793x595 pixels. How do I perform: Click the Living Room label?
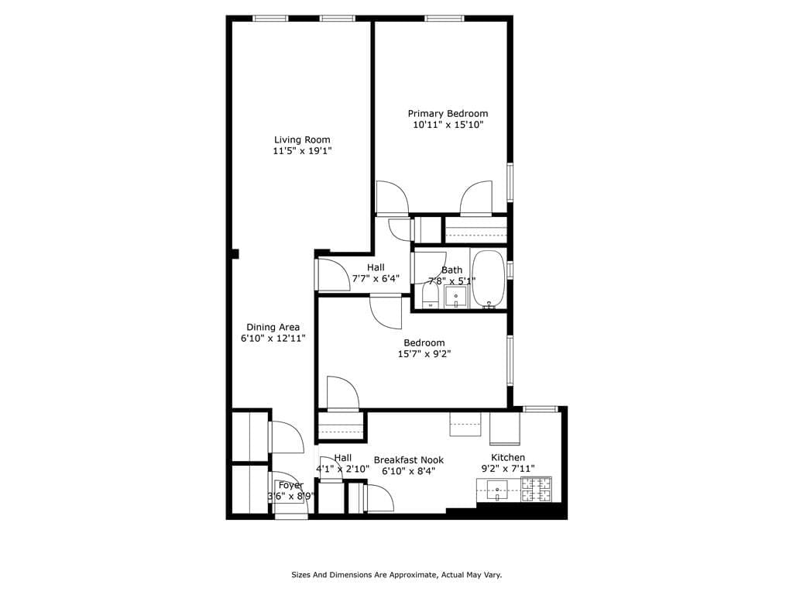(301, 140)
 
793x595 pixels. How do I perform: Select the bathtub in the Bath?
(488, 279)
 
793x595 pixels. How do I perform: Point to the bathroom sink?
(456, 297)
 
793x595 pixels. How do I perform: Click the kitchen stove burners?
(537, 489)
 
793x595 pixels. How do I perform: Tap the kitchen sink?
(496, 490)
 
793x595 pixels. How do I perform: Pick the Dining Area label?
(273, 327)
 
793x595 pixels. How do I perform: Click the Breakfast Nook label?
(408, 460)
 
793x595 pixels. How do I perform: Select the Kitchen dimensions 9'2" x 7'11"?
(508, 469)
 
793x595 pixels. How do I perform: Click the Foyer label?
(291, 486)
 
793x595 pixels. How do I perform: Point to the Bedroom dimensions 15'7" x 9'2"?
(424, 354)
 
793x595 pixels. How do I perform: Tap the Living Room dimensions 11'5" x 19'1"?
(301, 152)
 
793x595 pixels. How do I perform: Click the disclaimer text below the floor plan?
(396, 575)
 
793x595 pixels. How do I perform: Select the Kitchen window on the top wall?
(540, 408)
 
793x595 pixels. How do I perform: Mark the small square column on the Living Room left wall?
(234, 253)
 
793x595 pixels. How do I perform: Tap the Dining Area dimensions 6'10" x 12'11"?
(273, 339)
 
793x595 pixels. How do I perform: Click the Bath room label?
(451, 270)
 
